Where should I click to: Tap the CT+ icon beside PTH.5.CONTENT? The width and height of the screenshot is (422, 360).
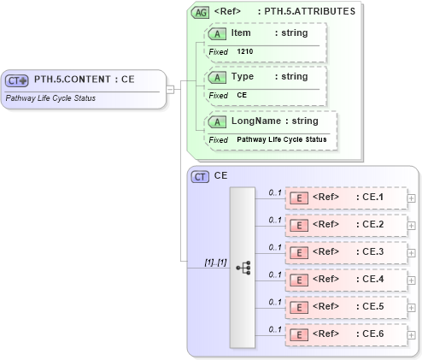coord(17,80)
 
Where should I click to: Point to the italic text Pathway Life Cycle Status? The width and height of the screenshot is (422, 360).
coord(50,97)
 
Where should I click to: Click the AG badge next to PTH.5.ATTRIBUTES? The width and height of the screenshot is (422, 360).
coord(200,12)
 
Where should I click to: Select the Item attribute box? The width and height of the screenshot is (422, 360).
coord(265,41)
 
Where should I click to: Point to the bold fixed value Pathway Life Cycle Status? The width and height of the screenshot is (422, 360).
coord(281,139)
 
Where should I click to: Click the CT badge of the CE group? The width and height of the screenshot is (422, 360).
coord(200,176)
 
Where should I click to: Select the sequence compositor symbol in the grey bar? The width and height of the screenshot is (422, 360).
coord(243,268)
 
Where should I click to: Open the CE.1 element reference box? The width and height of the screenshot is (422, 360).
coord(345,198)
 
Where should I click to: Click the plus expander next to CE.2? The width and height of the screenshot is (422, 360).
coord(412,226)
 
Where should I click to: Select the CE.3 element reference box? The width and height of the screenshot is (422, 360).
coord(345,252)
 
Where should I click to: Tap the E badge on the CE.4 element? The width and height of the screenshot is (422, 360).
coord(299,280)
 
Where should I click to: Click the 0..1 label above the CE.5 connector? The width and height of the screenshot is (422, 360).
coord(275,302)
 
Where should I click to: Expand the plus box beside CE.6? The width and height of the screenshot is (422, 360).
coord(412,335)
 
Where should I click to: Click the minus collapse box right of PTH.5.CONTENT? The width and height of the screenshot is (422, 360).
coord(171,87)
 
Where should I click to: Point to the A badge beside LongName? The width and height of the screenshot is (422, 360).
coord(218,121)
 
